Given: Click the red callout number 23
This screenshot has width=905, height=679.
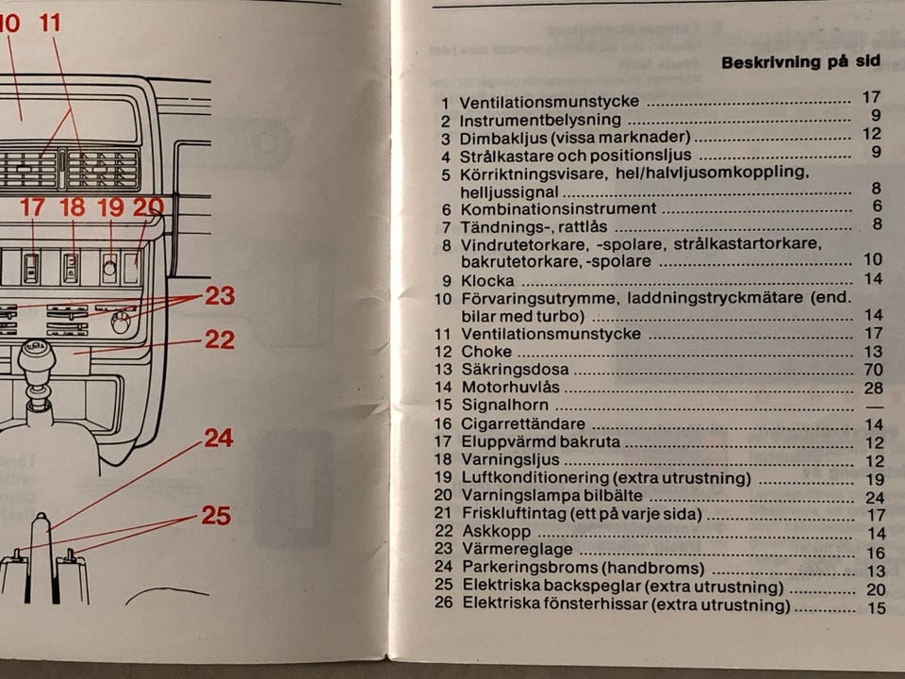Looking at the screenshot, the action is tap(220, 295).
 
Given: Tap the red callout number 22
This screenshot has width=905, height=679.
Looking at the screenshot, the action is tap(220, 339).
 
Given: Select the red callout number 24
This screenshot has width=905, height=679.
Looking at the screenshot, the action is tap(218, 439).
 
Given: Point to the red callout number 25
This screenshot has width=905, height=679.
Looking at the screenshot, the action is tap(216, 516).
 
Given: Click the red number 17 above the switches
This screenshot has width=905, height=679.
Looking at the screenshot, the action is tap(32, 207).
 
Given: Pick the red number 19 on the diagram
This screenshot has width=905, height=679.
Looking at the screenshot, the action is tap(110, 207).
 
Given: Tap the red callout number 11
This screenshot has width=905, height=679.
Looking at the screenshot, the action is tap(50, 23).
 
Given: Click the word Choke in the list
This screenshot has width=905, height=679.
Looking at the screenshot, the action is tap(486, 352).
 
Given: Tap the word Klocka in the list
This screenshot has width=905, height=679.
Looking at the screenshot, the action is tap(487, 281).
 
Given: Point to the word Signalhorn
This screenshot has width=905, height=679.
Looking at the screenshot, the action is tap(504, 406).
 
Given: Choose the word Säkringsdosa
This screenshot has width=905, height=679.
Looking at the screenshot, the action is tap(515, 369).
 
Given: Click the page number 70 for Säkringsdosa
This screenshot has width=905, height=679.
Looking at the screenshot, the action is tap(873, 369).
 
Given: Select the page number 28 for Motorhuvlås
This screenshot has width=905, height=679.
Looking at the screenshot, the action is tap(873, 388).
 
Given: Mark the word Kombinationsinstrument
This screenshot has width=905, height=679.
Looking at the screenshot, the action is tap(558, 208).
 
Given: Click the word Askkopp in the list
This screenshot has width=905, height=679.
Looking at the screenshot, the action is tap(496, 531).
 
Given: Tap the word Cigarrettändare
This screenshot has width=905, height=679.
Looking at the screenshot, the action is tap(523, 423).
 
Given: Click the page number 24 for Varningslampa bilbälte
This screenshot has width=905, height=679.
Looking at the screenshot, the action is tap(875, 498).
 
